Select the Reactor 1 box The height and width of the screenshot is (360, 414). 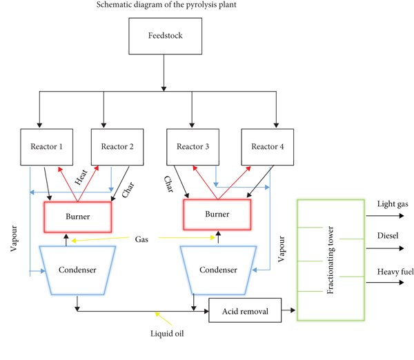click(46, 146)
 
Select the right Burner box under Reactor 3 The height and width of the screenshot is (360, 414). click(218, 214)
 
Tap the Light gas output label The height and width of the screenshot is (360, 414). click(393, 205)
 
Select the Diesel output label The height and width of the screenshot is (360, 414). click(388, 235)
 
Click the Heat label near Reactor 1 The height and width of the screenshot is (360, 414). click(81, 178)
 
